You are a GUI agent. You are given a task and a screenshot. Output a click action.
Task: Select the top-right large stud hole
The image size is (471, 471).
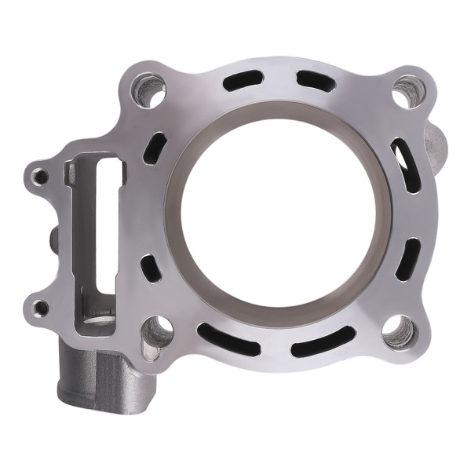407,93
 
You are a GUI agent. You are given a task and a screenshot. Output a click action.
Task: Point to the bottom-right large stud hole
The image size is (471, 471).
398,331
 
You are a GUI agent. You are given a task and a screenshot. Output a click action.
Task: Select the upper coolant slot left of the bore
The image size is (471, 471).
155,147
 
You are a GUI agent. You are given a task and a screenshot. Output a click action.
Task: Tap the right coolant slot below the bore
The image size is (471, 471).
322,339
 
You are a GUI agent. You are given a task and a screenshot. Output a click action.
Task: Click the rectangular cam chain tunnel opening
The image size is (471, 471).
96,235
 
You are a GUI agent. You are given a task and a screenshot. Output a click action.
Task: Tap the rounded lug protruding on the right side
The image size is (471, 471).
436,141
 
